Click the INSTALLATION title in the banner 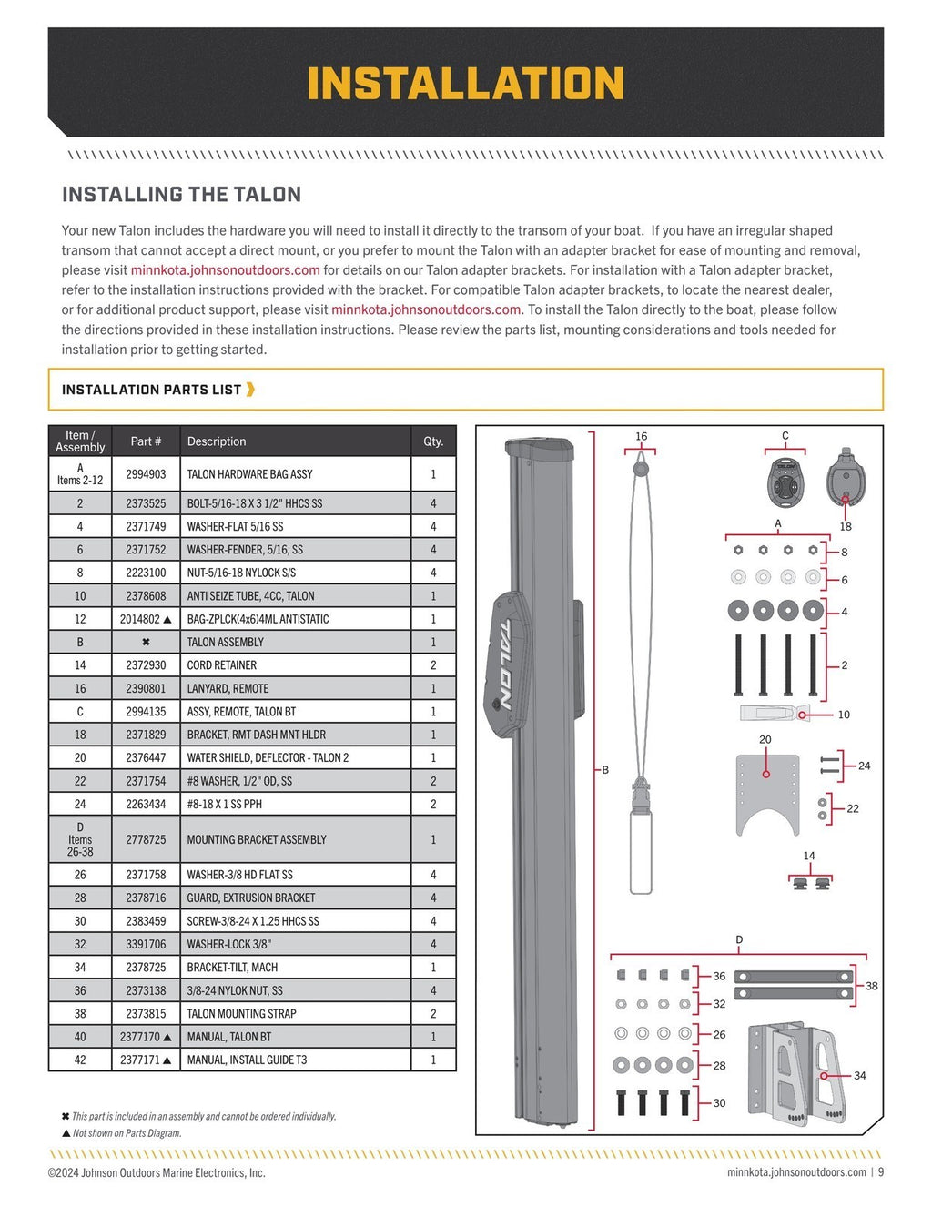pos(465,84)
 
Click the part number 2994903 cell pos(146,474)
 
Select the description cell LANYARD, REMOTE pos(228,689)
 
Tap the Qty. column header pos(433,441)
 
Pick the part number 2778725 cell pos(146,840)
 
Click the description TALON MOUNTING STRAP pos(241,1014)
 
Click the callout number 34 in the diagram pos(860,1076)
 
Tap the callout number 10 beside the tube pos(844,715)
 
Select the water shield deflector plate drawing pos(767,792)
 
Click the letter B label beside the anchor pos(605,770)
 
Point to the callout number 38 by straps pos(872,986)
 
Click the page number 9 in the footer pos(880,1172)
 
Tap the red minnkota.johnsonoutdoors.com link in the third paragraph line pos(225,270)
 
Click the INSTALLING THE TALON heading pos(181,195)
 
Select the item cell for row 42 pos(80,1060)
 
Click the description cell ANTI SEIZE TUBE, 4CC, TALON pos(250,596)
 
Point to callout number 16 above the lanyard pos(641,437)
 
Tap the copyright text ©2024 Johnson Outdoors pos(157,1173)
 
